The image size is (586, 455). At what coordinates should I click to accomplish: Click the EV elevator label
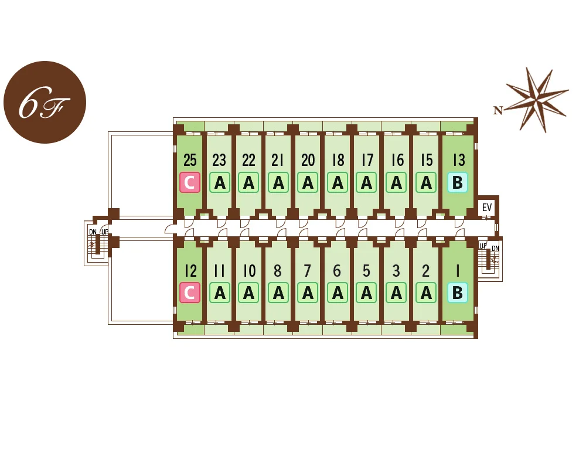(x=486, y=208)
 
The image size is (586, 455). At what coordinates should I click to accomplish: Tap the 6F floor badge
(x=45, y=102)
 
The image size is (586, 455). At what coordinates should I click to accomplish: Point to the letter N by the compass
(x=498, y=110)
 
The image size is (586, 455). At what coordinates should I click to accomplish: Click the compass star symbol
(x=537, y=100)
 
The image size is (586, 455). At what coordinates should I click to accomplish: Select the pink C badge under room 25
(x=190, y=182)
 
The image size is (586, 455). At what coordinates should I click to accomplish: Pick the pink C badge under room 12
(x=190, y=293)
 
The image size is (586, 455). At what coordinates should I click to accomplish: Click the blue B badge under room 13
(x=458, y=182)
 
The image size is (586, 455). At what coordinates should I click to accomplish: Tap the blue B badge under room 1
(x=458, y=293)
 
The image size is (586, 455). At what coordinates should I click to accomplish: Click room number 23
(x=219, y=160)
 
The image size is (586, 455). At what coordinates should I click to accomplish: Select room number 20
(x=308, y=160)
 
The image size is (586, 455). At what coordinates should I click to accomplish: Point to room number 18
(x=338, y=160)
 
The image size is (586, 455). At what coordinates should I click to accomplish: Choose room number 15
(x=427, y=160)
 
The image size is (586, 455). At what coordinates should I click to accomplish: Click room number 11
(x=219, y=271)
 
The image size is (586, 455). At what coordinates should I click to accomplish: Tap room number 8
(x=278, y=271)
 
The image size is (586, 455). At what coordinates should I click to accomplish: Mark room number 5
(x=366, y=271)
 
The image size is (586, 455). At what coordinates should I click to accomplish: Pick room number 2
(x=425, y=271)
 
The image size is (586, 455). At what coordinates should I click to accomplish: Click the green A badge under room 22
(x=248, y=182)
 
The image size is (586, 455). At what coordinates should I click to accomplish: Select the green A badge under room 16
(x=396, y=182)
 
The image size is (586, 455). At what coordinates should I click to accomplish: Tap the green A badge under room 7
(x=308, y=293)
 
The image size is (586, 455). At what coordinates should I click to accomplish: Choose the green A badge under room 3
(x=396, y=293)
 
